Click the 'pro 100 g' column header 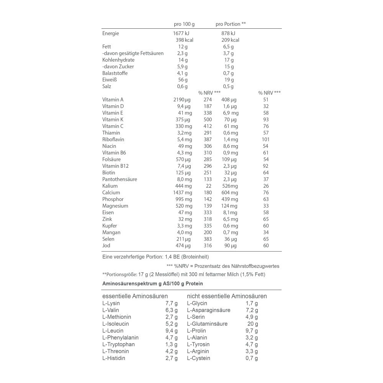click(x=184, y=24)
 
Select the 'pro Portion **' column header click(x=231, y=24)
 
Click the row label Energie click(x=111, y=33)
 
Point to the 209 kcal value click(x=230, y=40)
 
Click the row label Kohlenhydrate click(x=118, y=60)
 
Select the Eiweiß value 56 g click(x=183, y=80)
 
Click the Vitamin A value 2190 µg click(x=182, y=100)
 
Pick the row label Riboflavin click(x=113, y=139)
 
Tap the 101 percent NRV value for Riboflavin click(x=266, y=139)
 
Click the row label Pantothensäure click(x=119, y=179)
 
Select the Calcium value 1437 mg click(x=183, y=193)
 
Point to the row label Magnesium click(x=115, y=206)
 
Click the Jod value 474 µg click(x=183, y=246)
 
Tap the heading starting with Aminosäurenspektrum click(x=152, y=284)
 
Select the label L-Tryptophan click(x=118, y=344)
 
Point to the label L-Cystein click(x=198, y=358)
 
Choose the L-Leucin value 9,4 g click(x=171, y=331)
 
